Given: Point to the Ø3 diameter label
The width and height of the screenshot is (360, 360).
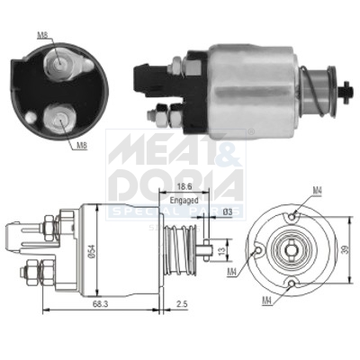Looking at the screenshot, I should point(229,211).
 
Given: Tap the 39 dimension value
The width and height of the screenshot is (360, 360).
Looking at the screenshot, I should point(346,251).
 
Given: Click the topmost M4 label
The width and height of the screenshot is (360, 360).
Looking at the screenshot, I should point(317,190).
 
